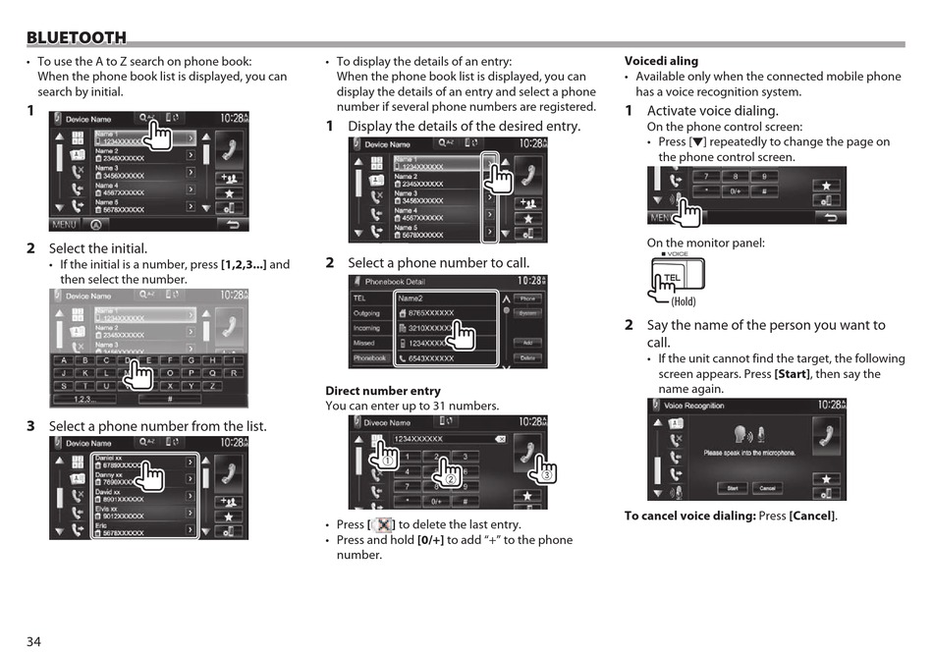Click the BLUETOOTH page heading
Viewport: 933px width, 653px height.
(x=77, y=38)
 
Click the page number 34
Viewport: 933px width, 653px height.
(x=34, y=641)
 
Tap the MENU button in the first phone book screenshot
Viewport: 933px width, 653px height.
(x=65, y=225)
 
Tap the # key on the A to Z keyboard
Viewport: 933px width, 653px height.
(x=170, y=399)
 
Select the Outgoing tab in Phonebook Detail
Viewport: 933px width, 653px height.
(x=367, y=313)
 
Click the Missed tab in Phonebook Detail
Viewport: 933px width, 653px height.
(x=365, y=343)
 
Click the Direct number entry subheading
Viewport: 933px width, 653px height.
(x=369, y=391)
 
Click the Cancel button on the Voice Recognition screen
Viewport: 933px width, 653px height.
(x=768, y=488)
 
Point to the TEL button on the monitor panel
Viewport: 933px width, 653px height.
(x=673, y=278)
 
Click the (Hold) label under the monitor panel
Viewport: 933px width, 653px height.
(x=684, y=302)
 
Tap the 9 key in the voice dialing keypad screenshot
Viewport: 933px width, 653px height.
(x=764, y=177)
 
